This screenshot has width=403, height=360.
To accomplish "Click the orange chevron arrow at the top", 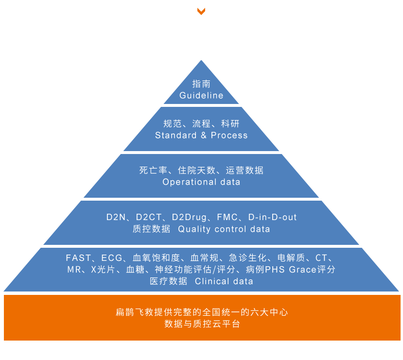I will (x=201, y=11).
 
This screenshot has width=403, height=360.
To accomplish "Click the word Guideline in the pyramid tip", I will (x=201, y=96).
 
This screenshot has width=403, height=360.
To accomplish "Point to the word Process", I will (x=229, y=136).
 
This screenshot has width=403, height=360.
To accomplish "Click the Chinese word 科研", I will (x=230, y=124).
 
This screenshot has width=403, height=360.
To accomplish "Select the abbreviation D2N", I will (x=115, y=217).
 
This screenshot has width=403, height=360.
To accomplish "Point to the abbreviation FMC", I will (x=226, y=217).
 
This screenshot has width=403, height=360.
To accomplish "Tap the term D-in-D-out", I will (x=272, y=217).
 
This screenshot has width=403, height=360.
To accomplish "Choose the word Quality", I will (x=193, y=229).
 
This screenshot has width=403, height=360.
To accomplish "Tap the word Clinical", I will (x=210, y=281).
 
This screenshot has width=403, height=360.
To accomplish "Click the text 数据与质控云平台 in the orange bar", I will (x=202, y=324).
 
